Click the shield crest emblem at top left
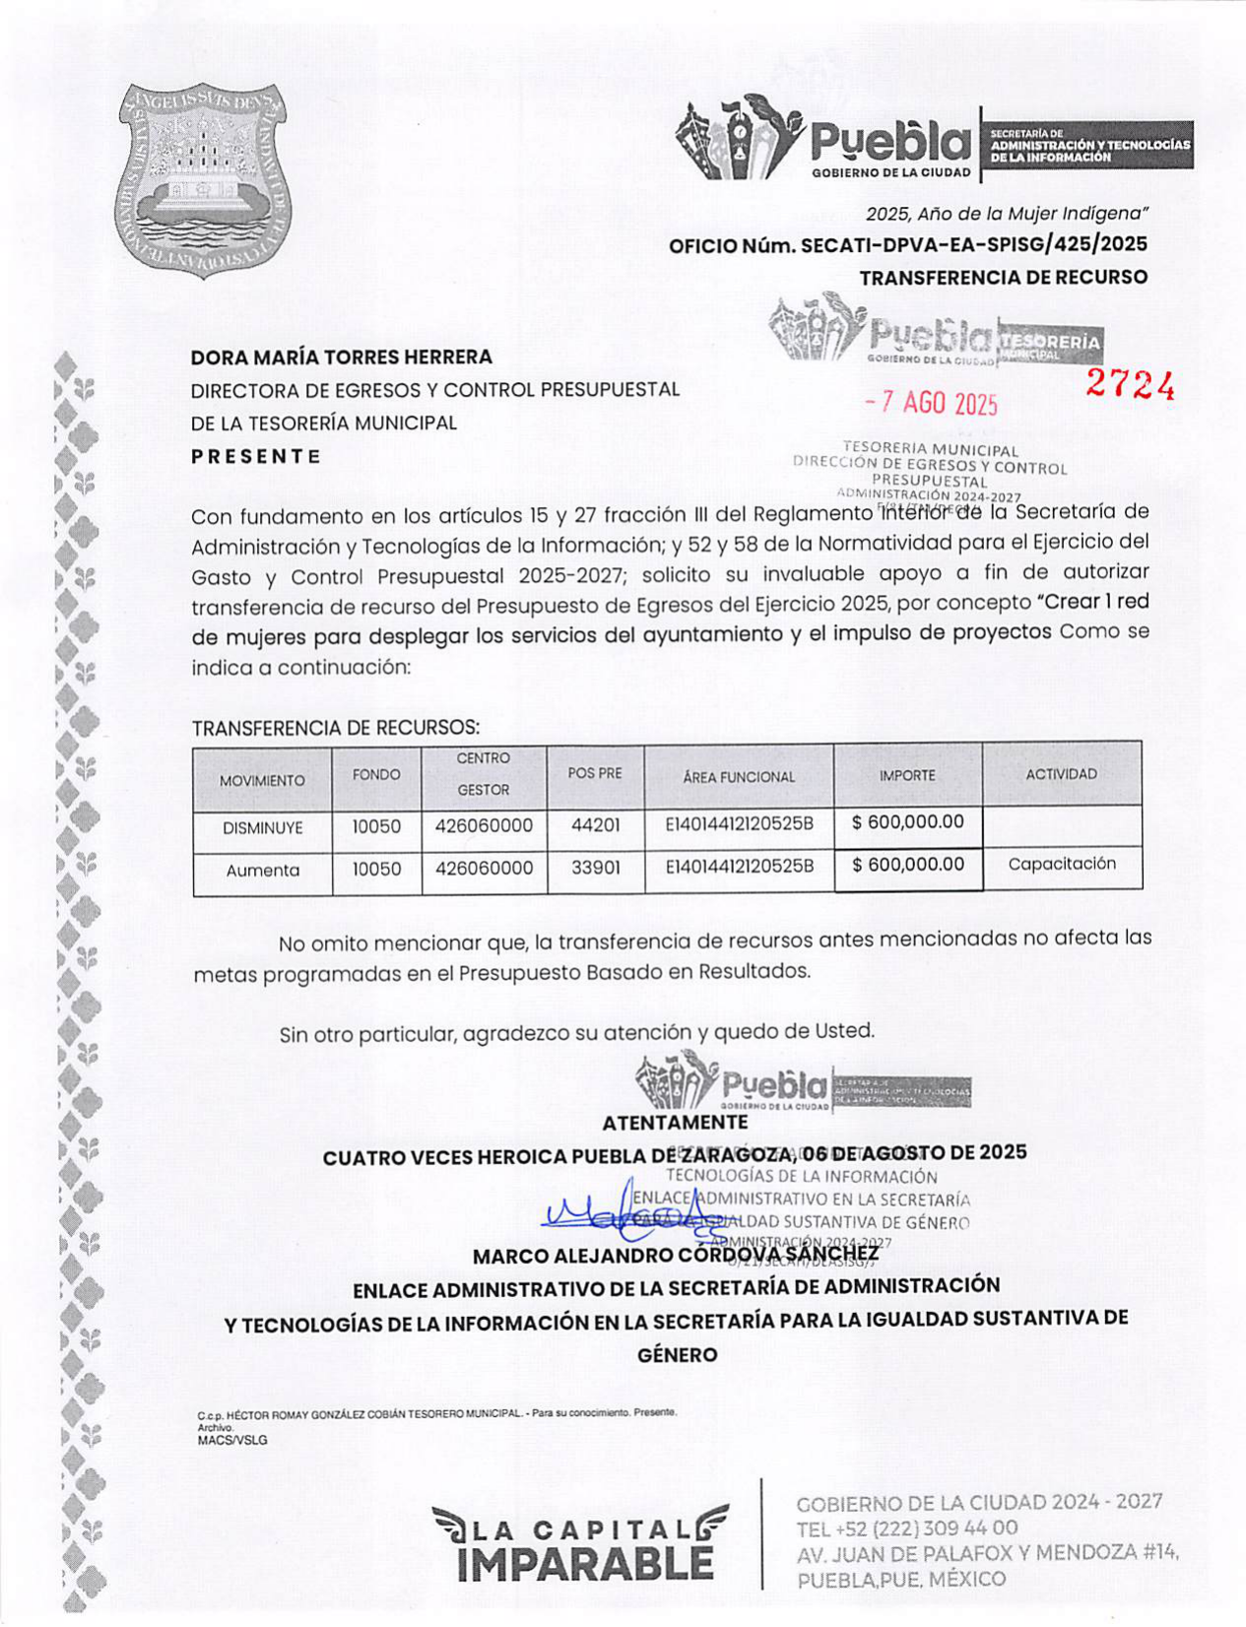(x=205, y=180)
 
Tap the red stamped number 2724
(x=1131, y=386)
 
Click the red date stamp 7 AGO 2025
(x=931, y=403)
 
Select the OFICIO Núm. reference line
(x=907, y=244)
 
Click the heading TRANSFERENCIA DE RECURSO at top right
(x=1003, y=278)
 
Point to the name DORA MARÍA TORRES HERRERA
(x=341, y=357)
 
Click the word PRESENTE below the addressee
(x=256, y=457)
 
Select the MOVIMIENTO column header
(x=262, y=780)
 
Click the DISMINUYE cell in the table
(x=262, y=828)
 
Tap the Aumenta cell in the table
(x=262, y=871)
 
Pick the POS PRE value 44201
(x=596, y=825)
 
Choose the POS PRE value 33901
(x=596, y=869)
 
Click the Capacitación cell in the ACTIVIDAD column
(x=1062, y=864)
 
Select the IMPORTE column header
(x=907, y=776)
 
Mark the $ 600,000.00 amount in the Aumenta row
(x=908, y=865)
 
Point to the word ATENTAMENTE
(x=675, y=1123)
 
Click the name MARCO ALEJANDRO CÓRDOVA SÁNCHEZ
(x=676, y=1256)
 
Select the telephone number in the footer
(x=907, y=1529)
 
